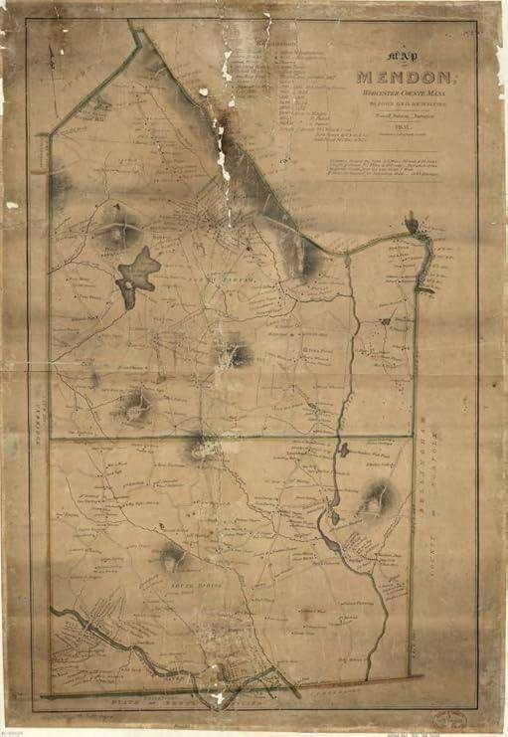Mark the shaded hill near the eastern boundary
(x=376, y=500)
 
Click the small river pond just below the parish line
(x=343, y=451)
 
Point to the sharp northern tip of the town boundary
(x=137, y=32)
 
